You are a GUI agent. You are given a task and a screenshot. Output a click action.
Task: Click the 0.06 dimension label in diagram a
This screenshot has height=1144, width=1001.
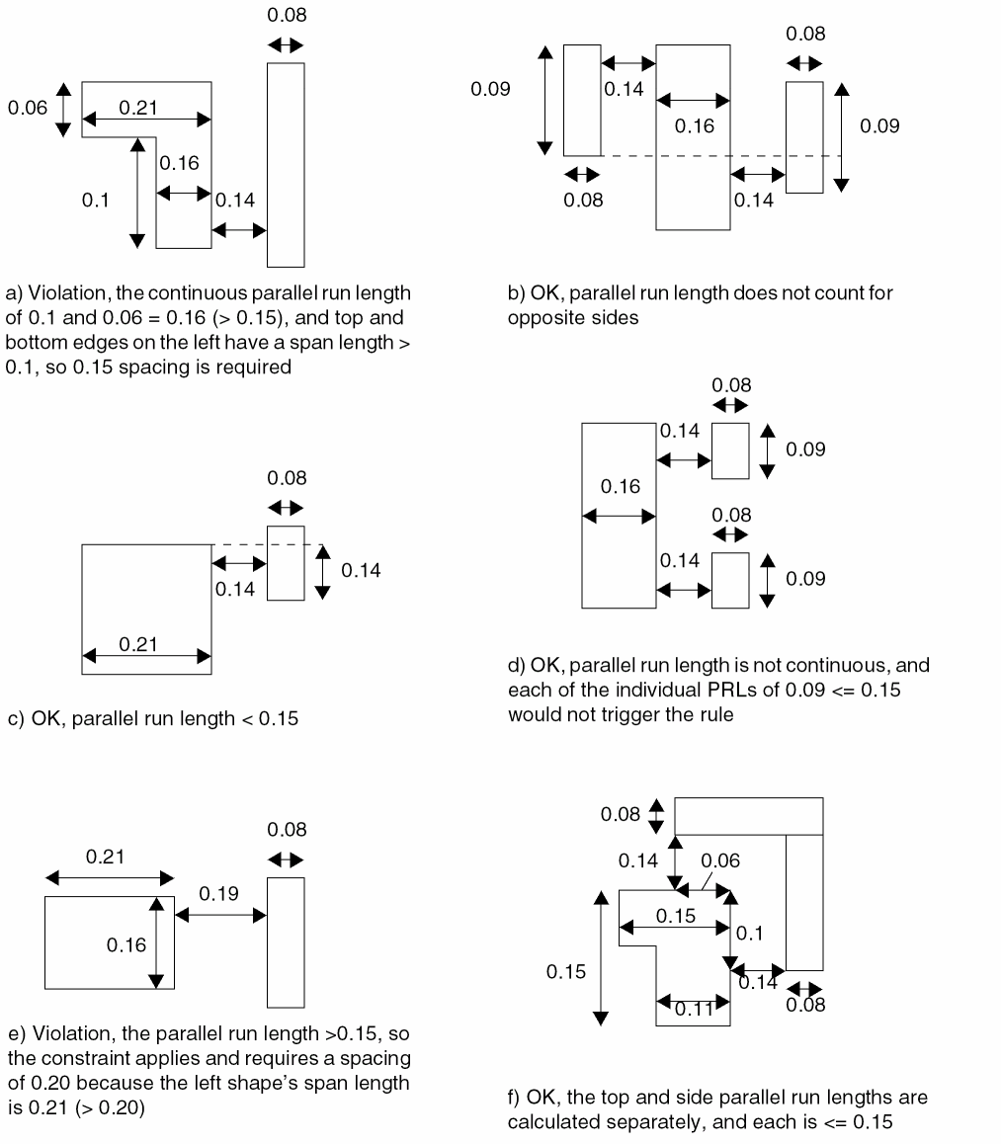(x=27, y=108)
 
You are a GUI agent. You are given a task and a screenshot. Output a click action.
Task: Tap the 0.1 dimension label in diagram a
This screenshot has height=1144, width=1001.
(x=95, y=201)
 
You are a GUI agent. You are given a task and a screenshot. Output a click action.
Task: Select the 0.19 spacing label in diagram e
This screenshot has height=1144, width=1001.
(x=217, y=893)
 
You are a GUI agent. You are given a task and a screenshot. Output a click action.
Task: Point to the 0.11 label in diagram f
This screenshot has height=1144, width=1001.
(x=695, y=1009)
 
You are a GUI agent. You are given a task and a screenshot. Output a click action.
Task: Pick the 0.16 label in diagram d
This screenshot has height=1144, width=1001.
(x=620, y=486)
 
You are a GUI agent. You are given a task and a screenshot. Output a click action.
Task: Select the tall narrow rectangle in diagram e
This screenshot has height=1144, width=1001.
(x=286, y=941)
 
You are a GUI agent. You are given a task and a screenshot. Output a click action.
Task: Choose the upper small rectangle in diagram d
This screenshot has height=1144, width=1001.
(x=730, y=450)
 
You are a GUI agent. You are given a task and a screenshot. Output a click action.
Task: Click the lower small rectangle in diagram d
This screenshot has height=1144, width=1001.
(x=730, y=580)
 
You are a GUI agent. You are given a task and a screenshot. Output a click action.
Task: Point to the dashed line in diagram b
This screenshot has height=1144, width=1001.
(x=692, y=156)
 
